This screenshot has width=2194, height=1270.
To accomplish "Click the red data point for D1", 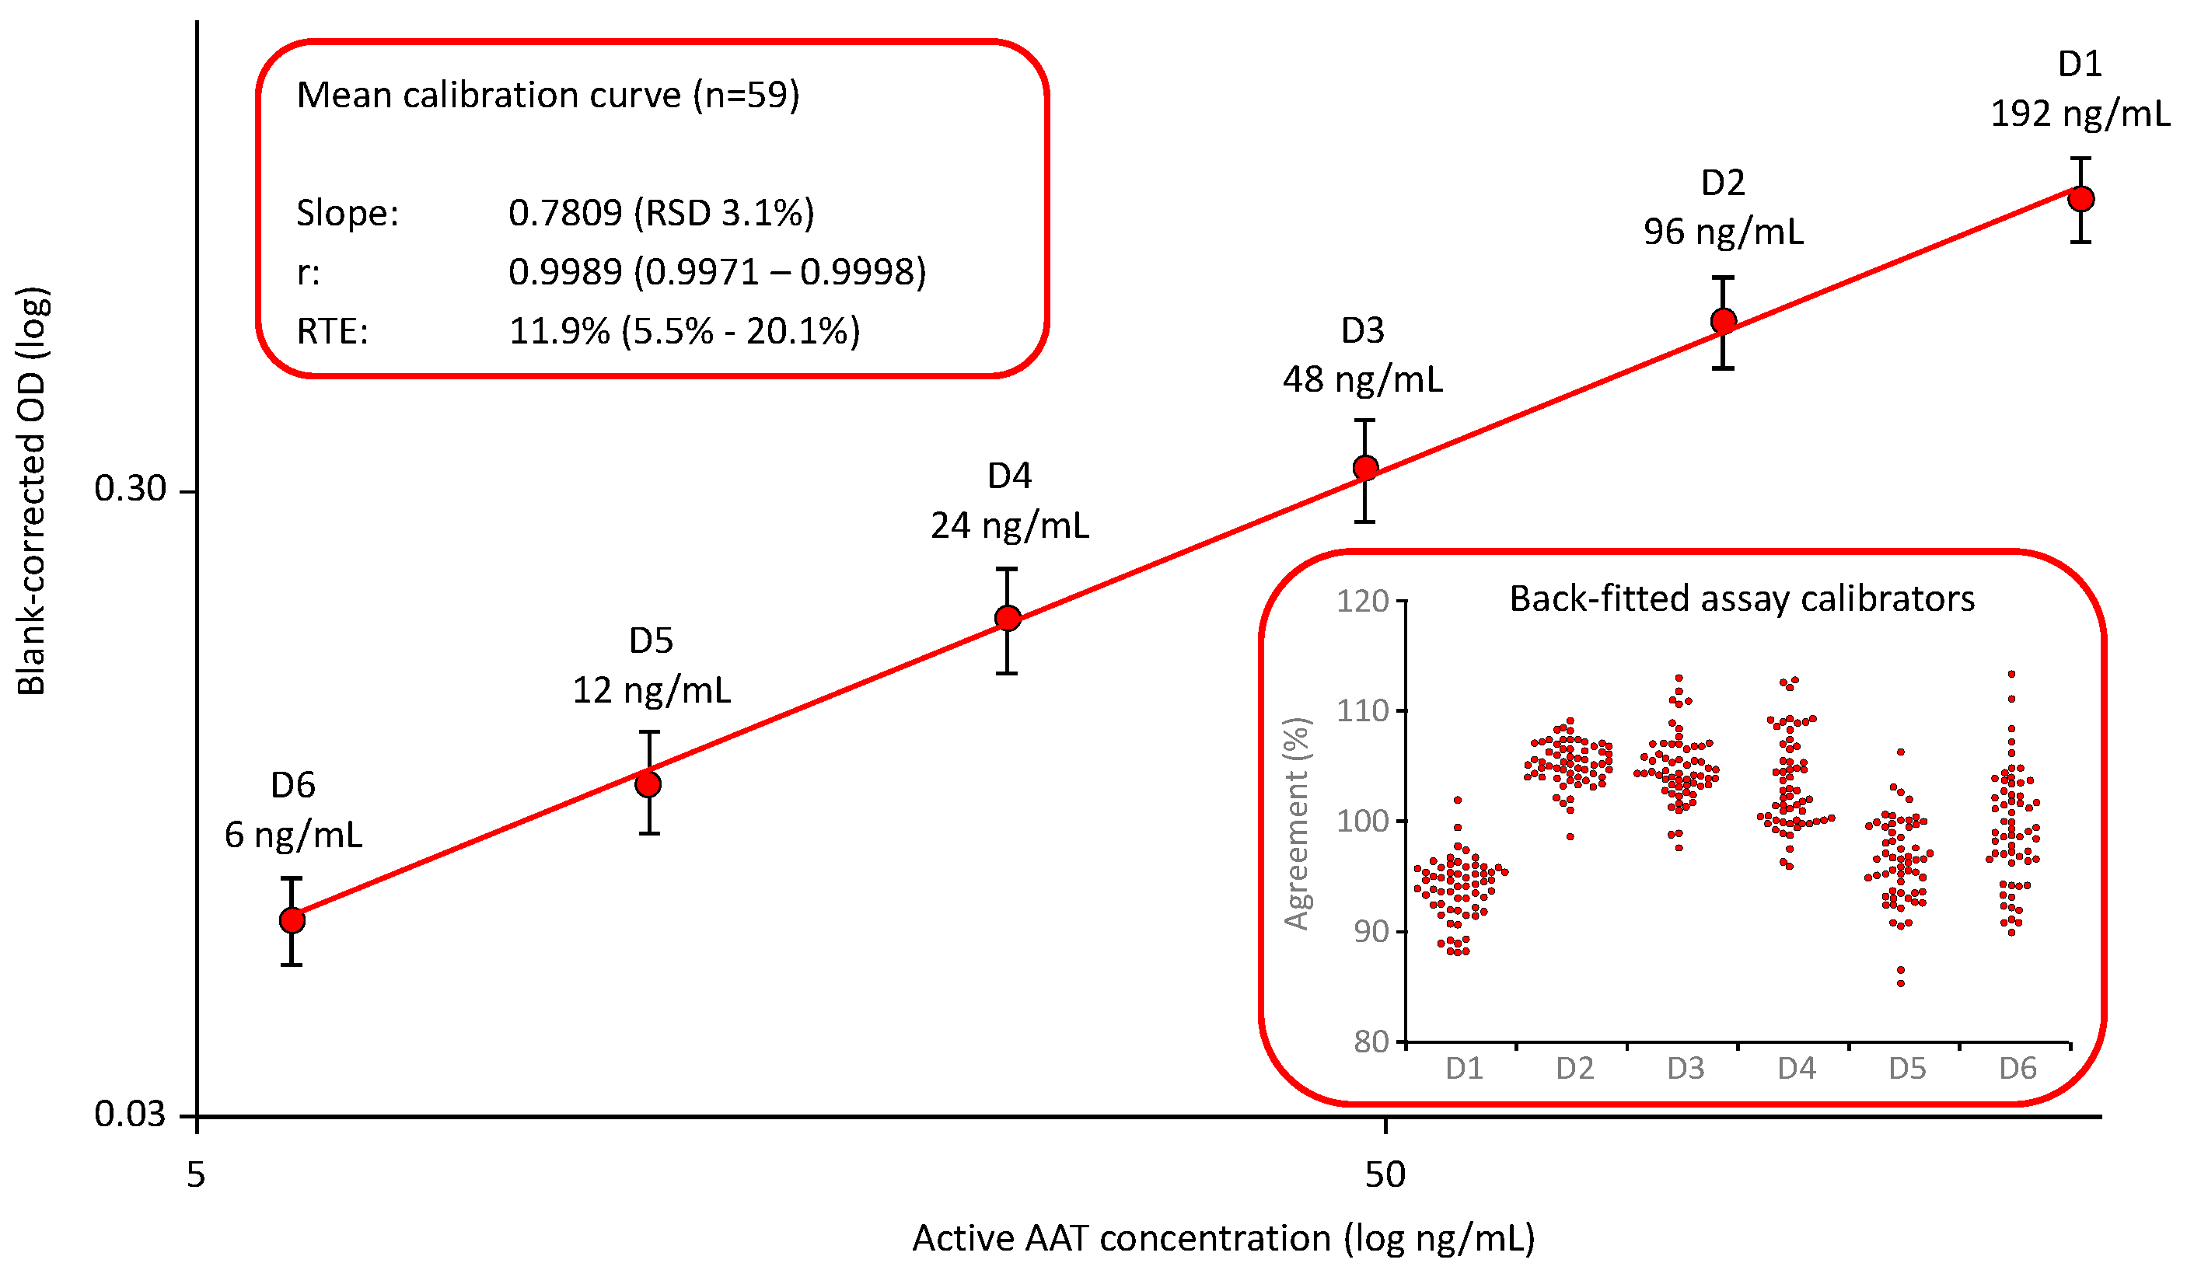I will (2080, 199).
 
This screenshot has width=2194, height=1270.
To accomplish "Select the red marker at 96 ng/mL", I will (1723, 321).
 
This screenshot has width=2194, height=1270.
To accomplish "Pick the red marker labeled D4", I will (1008, 619).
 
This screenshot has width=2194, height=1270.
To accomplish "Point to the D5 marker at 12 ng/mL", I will (648, 784).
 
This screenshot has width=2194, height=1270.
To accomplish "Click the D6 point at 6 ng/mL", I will (292, 920).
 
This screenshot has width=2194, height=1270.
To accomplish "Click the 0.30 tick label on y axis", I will (130, 489).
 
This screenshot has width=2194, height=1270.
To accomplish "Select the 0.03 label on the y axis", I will (130, 1115).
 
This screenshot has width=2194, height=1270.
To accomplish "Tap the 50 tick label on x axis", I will (1385, 1175).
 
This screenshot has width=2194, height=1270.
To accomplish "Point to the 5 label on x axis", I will (196, 1175).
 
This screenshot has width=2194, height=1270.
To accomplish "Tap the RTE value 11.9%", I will (559, 332).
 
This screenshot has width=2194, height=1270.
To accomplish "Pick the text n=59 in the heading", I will (746, 95).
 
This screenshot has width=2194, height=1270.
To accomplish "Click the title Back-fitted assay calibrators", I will (1742, 599).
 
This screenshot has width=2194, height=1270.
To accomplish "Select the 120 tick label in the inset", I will (1363, 602).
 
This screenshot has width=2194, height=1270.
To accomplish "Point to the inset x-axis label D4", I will (1796, 1068).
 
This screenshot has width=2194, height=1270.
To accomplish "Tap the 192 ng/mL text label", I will (2080, 114).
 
